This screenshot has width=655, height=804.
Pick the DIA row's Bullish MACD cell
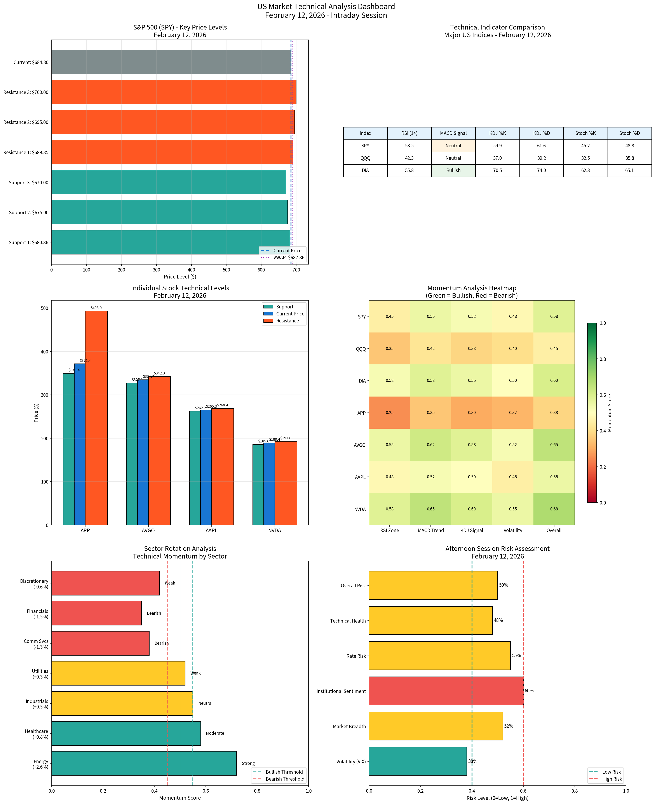tap(453, 171)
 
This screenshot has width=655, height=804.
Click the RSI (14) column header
tap(409, 133)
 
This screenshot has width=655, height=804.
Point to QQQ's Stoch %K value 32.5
tap(585, 158)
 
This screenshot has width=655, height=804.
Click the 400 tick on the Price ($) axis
tap(45, 352)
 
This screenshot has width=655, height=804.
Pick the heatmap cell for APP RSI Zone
tap(389, 412)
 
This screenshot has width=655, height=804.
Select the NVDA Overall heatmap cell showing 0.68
tap(554, 509)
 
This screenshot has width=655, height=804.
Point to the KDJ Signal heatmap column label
tap(472, 531)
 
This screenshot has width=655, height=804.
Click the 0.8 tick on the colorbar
tap(603, 359)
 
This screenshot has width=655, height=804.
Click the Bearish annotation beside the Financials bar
tap(154, 613)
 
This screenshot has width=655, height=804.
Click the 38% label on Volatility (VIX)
tap(473, 761)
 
